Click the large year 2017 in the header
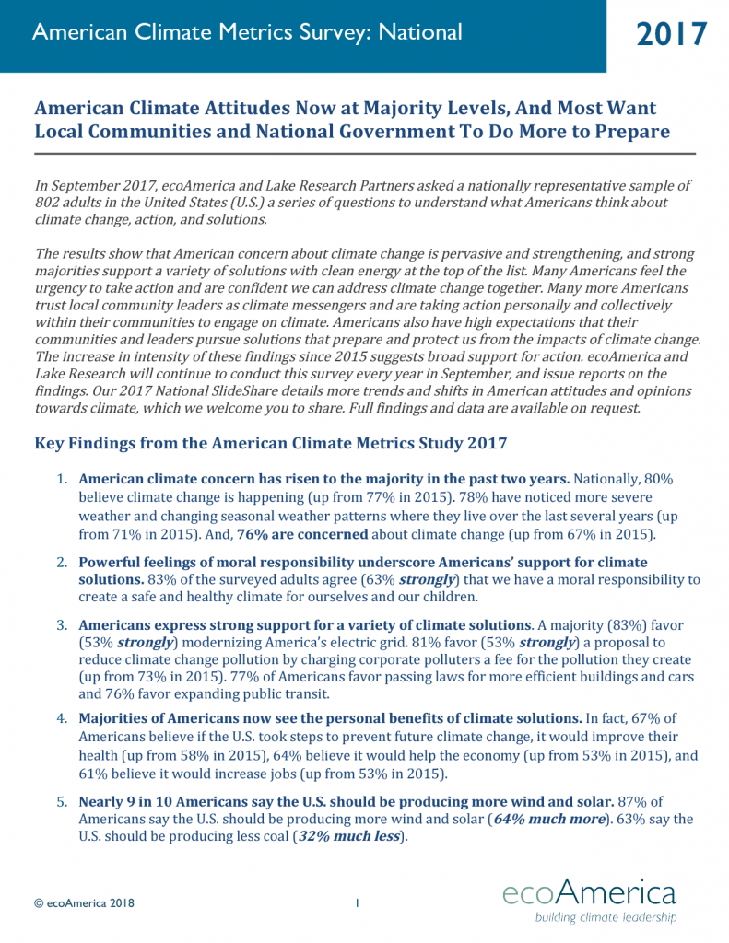672,34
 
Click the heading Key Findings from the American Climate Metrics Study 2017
270,443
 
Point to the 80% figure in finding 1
678,480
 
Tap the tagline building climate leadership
606,917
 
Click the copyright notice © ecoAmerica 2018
84,903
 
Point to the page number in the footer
356,903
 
